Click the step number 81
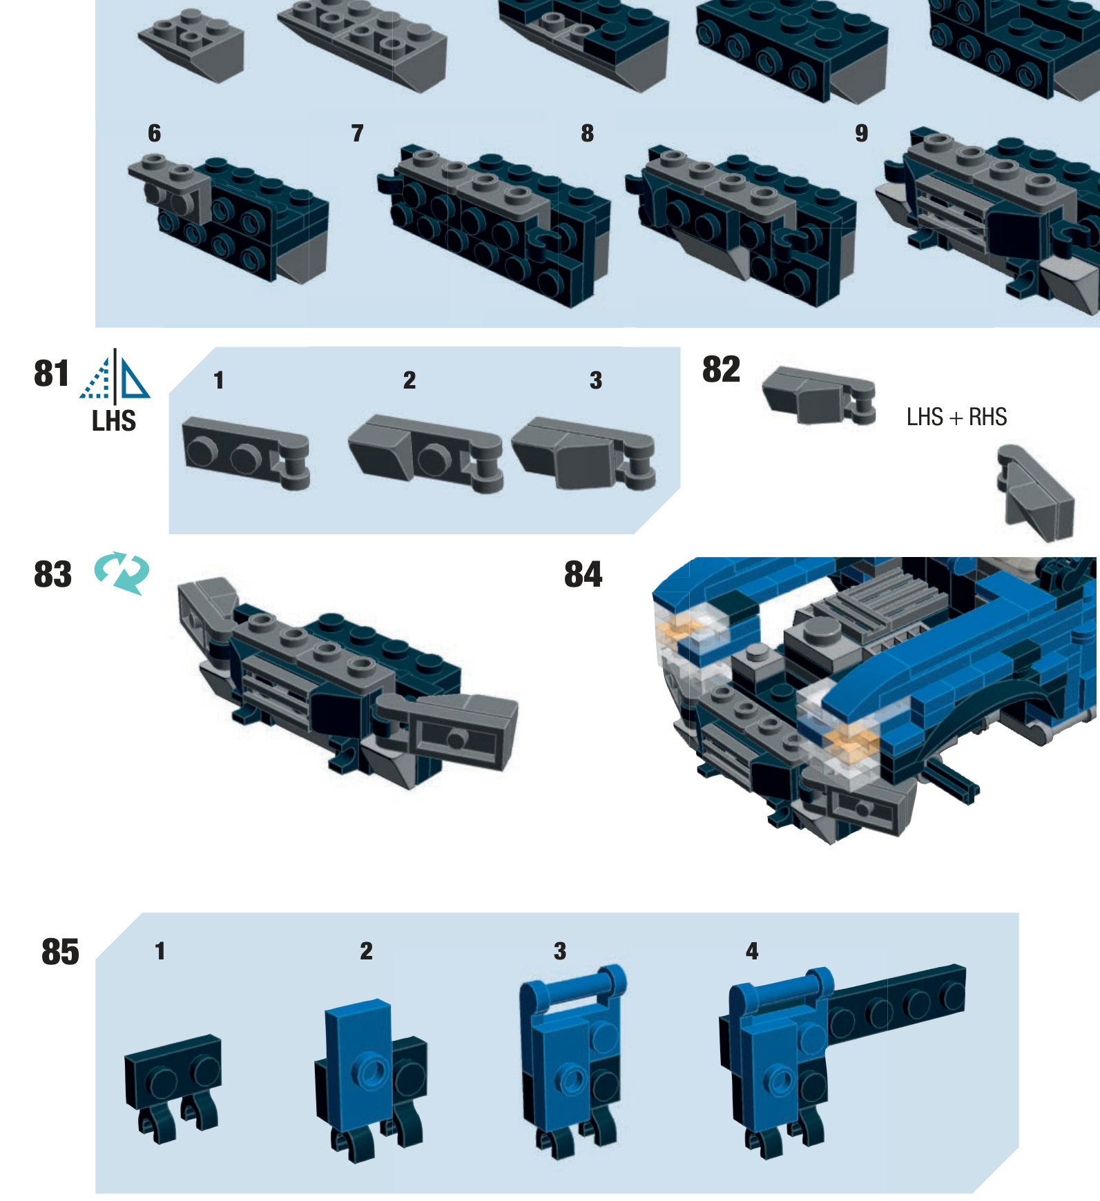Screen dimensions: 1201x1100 (x=52, y=373)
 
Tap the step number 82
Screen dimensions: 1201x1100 (x=721, y=369)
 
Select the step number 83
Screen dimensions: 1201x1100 (x=52, y=574)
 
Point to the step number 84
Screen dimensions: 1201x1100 (x=583, y=574)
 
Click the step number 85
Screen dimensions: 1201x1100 (x=60, y=952)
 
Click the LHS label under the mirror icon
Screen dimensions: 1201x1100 (x=114, y=420)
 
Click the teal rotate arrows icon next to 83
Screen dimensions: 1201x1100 (x=122, y=573)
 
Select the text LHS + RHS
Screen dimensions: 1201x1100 (x=956, y=417)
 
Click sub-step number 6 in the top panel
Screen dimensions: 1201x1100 (x=154, y=133)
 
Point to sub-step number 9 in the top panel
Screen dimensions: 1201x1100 (x=861, y=133)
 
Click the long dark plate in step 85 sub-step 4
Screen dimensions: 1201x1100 (x=898, y=1001)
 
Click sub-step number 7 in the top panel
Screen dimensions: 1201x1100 (x=357, y=133)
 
